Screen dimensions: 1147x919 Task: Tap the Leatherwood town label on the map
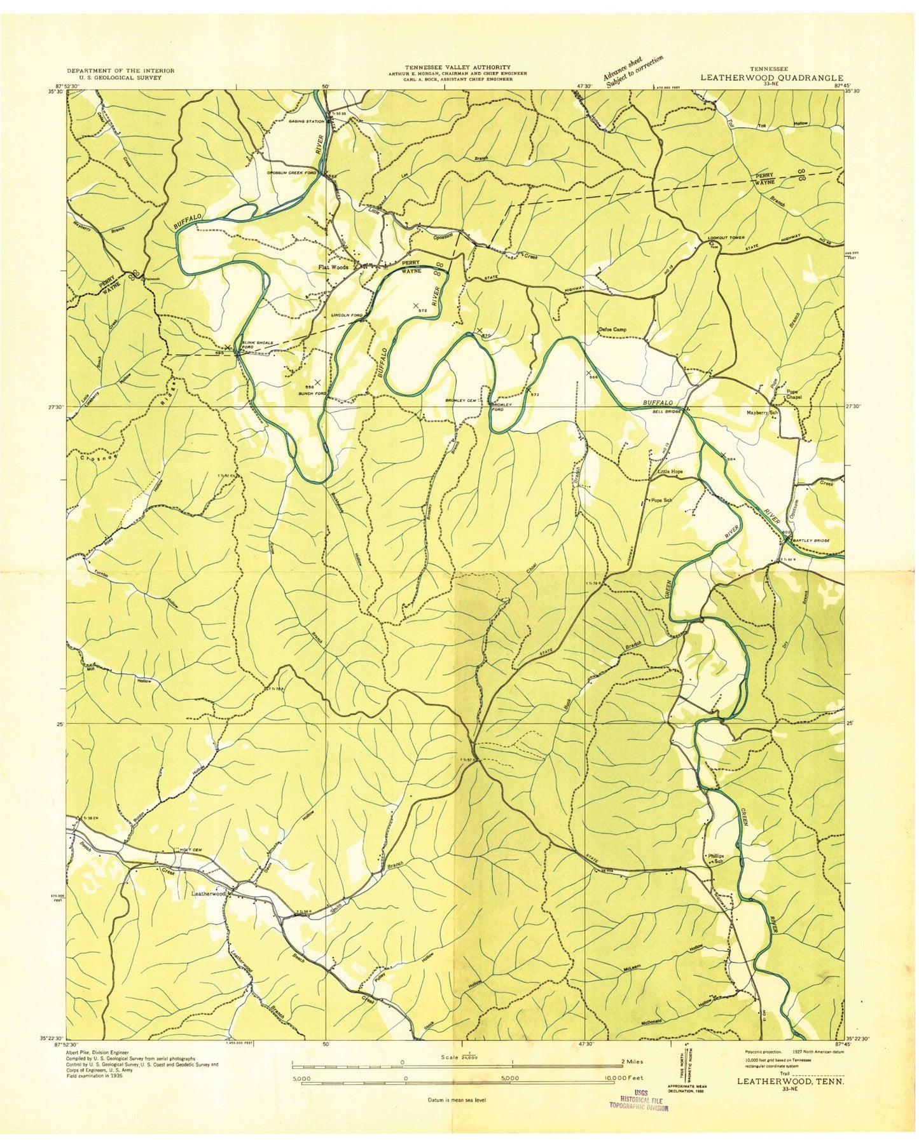pyautogui.click(x=209, y=893)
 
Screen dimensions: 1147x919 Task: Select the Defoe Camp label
pyautogui.click(x=612, y=329)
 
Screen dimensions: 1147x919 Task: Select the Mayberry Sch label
pyautogui.click(x=763, y=411)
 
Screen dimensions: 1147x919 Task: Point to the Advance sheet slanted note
pyautogui.click(x=633, y=71)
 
